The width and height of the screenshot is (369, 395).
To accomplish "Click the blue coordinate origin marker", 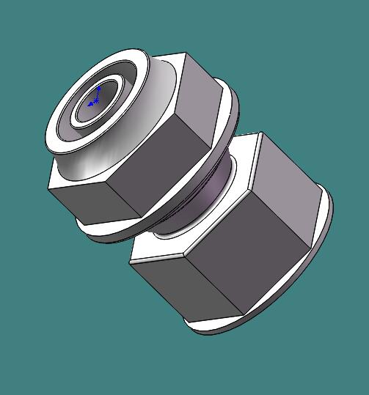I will [x=96, y=98].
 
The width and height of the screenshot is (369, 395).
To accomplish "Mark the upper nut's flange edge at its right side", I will [x=236, y=110].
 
